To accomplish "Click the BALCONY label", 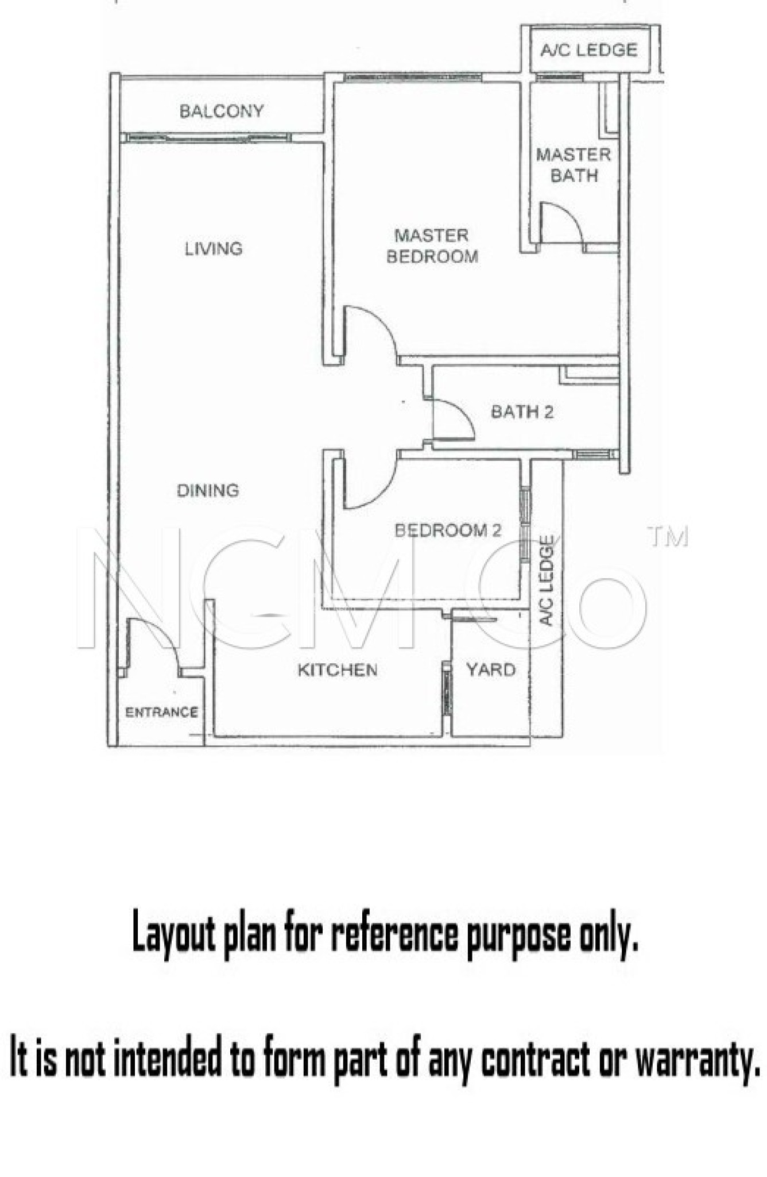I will point(222,111).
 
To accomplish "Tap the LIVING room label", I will point(214,249).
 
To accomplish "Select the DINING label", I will point(208,490).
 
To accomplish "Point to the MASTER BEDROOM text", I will point(432,246).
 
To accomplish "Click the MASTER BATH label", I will point(574,165).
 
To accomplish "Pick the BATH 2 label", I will point(522,411).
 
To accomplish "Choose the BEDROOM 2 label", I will point(448,530).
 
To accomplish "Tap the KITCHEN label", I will point(338,670).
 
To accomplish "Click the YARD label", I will point(491,670).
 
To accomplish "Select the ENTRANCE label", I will point(161,713).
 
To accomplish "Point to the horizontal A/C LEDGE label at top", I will point(589,50).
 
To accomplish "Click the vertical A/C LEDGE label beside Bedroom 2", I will point(547,580).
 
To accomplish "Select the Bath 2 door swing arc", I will point(462,417).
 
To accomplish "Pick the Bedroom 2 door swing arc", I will point(379,489).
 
